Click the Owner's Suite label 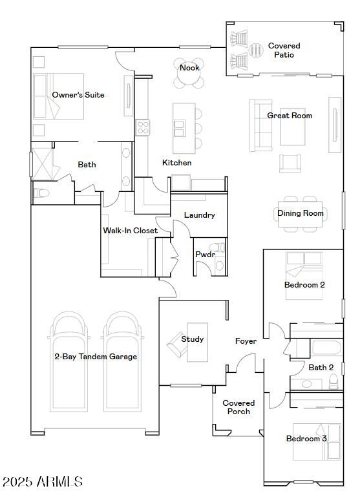point(78,95)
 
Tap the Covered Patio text point(284,50)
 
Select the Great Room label point(290,116)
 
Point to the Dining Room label point(300,213)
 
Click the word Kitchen point(176,163)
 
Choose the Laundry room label point(199,215)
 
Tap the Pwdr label point(205,255)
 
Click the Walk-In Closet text point(130,231)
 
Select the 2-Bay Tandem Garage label point(95,357)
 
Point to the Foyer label point(246,341)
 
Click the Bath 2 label point(321,368)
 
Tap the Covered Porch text point(238,407)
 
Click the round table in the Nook point(189,74)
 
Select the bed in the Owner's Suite point(58,96)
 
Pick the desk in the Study point(196,340)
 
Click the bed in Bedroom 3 point(317,441)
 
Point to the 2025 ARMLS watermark point(43,482)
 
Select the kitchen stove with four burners point(143,127)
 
